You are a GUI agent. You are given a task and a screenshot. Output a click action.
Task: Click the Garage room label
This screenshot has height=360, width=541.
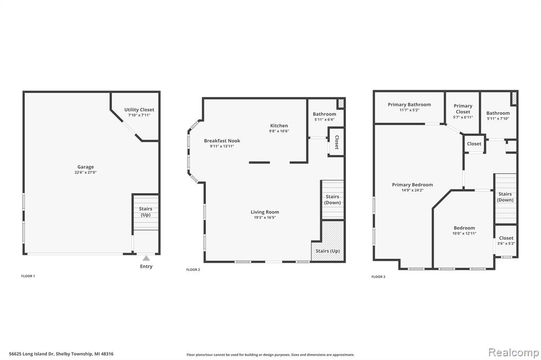coord(85,167)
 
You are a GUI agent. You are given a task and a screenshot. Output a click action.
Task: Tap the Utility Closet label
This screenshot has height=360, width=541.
coord(139,110)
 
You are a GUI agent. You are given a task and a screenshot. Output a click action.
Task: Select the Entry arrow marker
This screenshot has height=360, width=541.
coord(146,258)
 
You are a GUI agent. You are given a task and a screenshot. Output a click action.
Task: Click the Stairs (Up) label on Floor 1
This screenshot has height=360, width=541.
coord(145,212)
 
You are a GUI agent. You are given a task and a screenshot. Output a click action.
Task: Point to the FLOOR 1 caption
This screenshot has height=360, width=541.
coord(27,276)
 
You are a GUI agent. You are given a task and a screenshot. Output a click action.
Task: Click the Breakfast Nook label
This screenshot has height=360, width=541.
coord(222,141)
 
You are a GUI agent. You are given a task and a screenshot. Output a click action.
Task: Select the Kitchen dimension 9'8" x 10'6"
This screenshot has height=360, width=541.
coord(279,131)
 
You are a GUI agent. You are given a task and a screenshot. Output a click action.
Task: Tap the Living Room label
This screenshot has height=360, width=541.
coord(265,212)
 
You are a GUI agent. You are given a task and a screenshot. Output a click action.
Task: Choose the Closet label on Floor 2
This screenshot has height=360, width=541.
coord(337,141)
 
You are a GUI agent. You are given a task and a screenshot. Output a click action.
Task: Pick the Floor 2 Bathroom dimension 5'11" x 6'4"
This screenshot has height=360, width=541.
coord(324,119)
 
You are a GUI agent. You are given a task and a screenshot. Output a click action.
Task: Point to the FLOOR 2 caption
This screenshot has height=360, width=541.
coord(193,270)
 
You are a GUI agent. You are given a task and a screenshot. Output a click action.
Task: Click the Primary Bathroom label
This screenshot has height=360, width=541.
coord(409,105)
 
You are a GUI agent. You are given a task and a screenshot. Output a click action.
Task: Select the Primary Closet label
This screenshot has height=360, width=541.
coord(463,109)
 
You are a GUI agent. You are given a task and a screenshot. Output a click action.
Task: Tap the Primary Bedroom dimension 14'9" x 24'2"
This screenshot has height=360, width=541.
coord(412,190)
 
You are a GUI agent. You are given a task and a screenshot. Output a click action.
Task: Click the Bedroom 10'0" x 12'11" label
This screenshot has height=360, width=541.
coord(463,228)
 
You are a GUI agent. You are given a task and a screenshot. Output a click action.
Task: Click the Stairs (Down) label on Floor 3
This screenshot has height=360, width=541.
coord(505,197)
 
